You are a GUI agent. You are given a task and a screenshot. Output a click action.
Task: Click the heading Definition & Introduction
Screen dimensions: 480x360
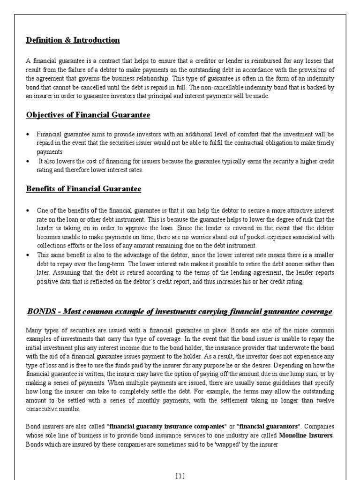pyautogui.click(x=73, y=40)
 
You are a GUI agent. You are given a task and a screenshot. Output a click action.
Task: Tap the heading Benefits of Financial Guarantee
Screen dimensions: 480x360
pyautogui.click(x=83, y=189)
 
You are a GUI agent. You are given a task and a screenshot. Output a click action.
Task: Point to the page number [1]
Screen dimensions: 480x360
pyautogui.click(x=180, y=476)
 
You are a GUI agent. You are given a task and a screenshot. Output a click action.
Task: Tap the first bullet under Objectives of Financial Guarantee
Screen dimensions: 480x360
pyautogui.click(x=28, y=135)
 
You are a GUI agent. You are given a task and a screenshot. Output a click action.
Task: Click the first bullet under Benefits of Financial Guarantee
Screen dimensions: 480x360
pyautogui.click(x=28, y=210)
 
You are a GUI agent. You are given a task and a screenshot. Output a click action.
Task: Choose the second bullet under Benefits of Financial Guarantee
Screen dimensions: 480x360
pyautogui.click(x=28, y=255)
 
